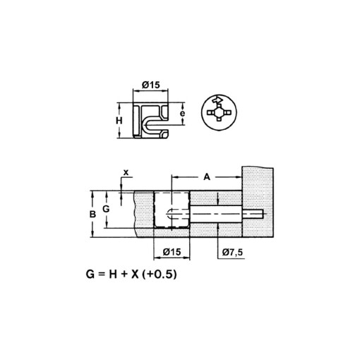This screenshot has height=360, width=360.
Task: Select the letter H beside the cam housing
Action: tap(120, 121)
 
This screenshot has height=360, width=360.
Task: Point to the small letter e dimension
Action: tap(182, 113)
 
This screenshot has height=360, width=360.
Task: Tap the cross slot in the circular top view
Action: tap(220, 113)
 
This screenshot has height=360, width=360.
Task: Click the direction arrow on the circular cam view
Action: tap(219, 100)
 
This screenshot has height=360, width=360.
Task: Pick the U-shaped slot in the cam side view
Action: tap(154, 126)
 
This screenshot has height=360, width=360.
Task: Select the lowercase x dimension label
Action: tap(126, 172)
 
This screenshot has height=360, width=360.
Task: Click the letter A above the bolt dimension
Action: tap(207, 177)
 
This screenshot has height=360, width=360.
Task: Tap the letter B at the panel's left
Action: tap(91, 212)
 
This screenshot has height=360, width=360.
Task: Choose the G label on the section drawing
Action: tap(106, 210)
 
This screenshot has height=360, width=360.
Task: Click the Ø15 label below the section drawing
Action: tap(172, 252)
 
